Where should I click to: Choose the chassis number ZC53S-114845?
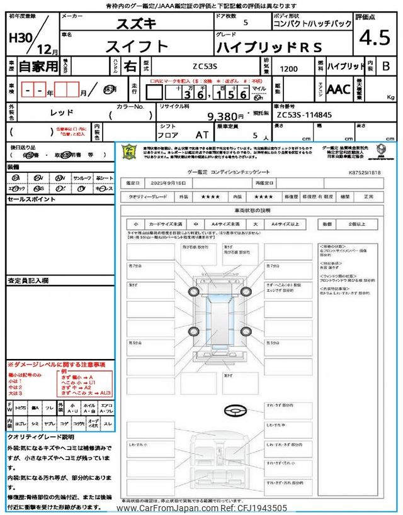[x=304, y=116]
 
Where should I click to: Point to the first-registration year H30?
[x=21, y=37]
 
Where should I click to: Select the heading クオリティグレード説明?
[x=40, y=436]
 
